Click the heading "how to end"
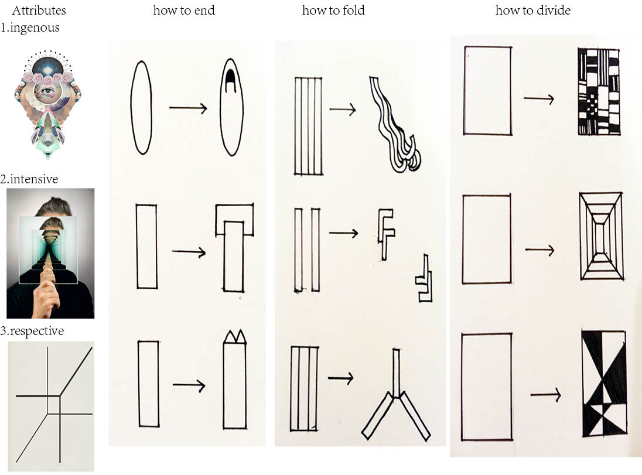184,10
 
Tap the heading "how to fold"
333,10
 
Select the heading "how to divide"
532,10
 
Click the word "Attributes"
39,10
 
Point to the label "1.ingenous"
30,28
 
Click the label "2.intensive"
29,179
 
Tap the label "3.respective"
32,331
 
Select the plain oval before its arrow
141,108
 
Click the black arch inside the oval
231,78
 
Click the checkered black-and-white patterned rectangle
599,91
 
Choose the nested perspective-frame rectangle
602,236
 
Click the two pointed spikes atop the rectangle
235,337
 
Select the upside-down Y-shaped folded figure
396,395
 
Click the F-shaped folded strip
385,234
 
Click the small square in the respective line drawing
54,405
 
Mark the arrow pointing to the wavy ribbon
343,110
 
